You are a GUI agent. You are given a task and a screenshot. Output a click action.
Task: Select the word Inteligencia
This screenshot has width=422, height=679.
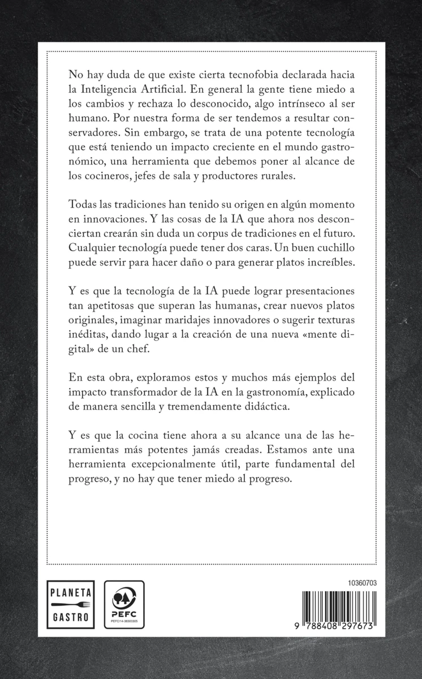110,90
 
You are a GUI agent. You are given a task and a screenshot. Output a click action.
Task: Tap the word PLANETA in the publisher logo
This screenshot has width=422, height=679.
71,593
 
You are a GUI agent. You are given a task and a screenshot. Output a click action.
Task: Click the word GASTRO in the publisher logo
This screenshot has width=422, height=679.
71,617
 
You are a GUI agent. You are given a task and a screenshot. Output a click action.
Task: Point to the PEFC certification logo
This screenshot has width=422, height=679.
124,604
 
